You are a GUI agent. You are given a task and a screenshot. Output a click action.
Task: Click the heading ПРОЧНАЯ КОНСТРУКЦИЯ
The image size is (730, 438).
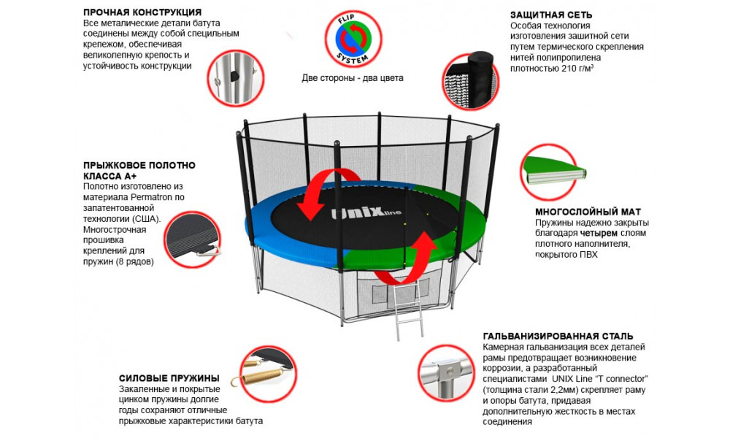[x=142, y=12]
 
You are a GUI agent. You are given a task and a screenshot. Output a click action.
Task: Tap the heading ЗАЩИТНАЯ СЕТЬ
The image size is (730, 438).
[x=550, y=15]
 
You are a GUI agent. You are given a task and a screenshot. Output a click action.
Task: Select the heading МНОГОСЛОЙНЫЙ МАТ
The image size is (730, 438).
[x=588, y=212]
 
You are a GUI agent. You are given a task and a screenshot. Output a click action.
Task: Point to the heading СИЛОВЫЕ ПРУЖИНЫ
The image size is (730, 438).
[x=169, y=378]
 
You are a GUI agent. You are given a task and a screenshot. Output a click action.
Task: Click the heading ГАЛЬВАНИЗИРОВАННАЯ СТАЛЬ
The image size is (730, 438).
[x=558, y=336]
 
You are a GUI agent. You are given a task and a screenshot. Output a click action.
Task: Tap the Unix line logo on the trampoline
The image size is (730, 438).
[x=366, y=214]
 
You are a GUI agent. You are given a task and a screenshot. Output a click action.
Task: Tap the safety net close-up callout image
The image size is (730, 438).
[x=470, y=80]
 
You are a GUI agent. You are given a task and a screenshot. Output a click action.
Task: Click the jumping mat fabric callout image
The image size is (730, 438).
[x=192, y=239]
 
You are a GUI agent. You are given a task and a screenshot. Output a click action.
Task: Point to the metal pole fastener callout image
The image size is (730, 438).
[x=236, y=77]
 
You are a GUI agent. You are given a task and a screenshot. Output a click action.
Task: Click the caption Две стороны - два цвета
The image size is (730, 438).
[x=353, y=78]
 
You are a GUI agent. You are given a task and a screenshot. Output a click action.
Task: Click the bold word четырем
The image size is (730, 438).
[x=599, y=233]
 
